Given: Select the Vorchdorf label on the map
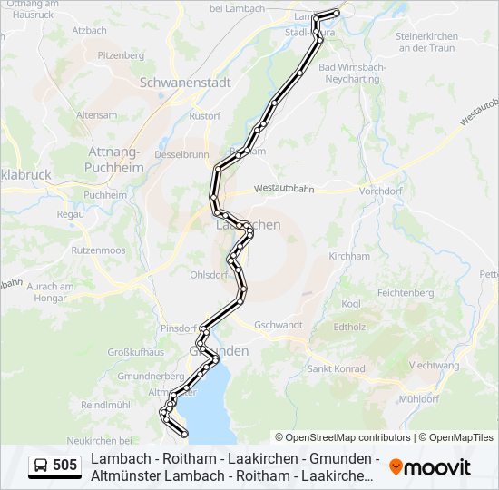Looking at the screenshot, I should point(381,192).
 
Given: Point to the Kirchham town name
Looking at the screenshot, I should point(349,257).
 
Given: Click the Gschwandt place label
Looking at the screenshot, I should point(279,325).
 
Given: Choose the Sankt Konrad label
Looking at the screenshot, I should point(336,369).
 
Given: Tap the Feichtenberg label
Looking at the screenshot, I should point(406,294).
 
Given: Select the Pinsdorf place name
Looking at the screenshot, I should point(177,328).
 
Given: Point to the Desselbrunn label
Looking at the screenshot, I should point(181,155).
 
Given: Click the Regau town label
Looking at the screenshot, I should point(70,214).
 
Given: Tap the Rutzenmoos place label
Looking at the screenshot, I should point(97,249).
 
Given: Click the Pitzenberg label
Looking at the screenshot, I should point(121,55).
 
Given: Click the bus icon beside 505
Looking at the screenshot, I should point(41,466).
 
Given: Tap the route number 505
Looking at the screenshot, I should point(65,466).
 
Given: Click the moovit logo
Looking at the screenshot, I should point(430,467).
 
